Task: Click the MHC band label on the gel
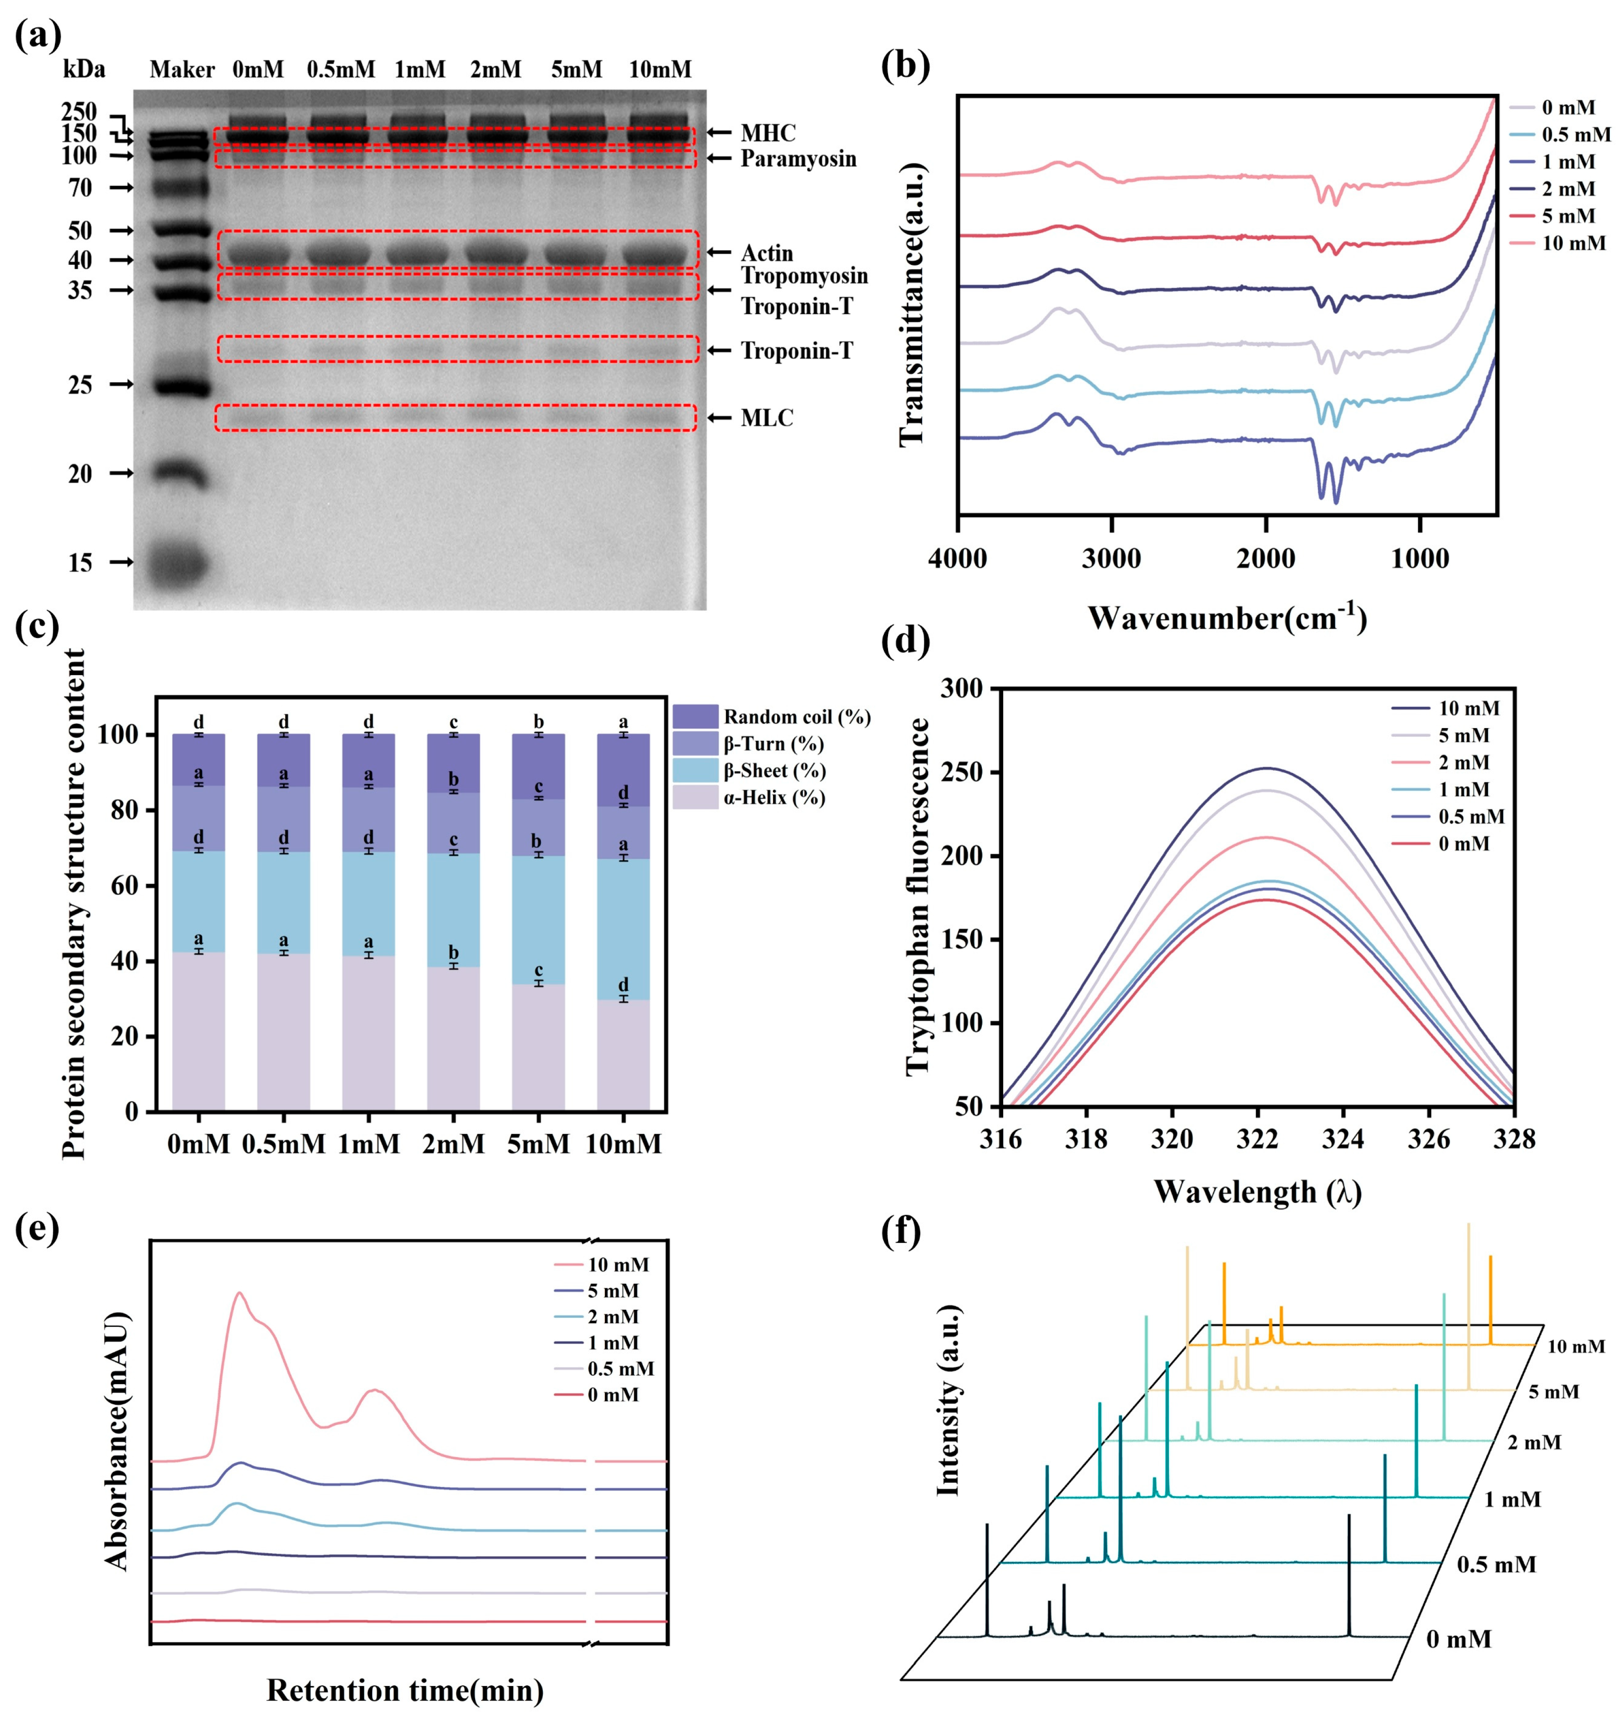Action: (768, 133)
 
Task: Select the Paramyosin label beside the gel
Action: (798, 159)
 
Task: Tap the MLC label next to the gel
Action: (767, 418)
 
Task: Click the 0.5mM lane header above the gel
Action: (341, 69)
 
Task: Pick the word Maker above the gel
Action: (182, 69)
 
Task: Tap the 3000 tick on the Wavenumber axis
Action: (1112, 559)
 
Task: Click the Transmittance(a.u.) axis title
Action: (912, 304)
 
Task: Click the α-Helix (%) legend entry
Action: (750, 797)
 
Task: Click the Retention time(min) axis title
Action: (405, 1690)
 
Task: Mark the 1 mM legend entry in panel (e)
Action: (597, 1343)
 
